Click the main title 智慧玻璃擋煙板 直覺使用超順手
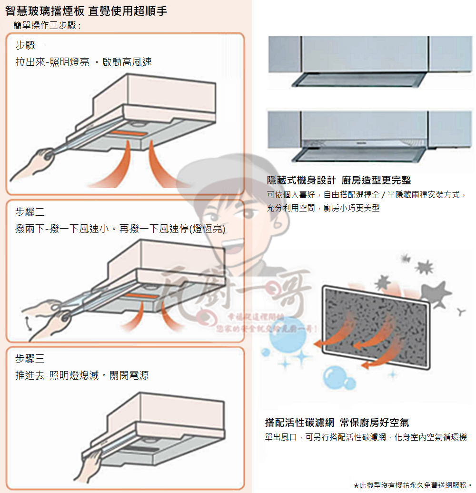coord(86,11)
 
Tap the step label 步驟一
coord(30,46)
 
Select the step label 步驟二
coord(30,212)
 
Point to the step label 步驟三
coord(30,359)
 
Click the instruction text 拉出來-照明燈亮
coord(52,62)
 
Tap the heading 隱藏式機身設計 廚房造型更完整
coord(339,180)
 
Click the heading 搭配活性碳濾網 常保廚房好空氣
coord(337,423)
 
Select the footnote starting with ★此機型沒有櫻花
coord(413,485)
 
